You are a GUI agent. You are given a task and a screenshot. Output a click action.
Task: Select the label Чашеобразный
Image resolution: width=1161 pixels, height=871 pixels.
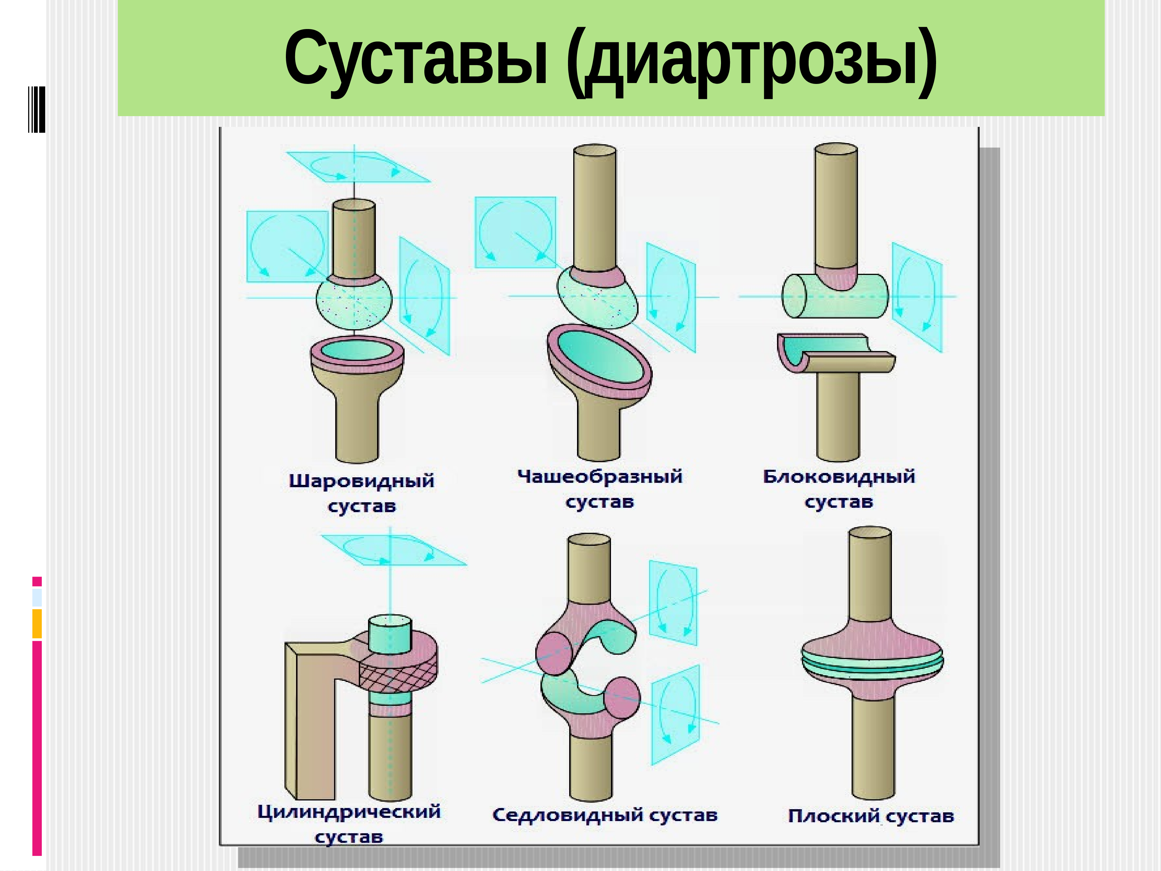(600, 477)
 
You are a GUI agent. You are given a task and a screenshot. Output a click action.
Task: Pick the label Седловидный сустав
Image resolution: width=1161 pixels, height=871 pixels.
(605, 815)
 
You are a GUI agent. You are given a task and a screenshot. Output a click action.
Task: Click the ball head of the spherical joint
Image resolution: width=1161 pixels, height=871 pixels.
(354, 305)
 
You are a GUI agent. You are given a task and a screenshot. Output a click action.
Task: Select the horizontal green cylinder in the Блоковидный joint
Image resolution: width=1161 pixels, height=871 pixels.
(834, 297)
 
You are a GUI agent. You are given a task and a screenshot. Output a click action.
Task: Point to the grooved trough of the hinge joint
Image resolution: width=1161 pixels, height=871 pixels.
(834, 352)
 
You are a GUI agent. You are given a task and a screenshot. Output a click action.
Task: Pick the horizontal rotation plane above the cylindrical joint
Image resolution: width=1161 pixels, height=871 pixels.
(394, 550)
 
